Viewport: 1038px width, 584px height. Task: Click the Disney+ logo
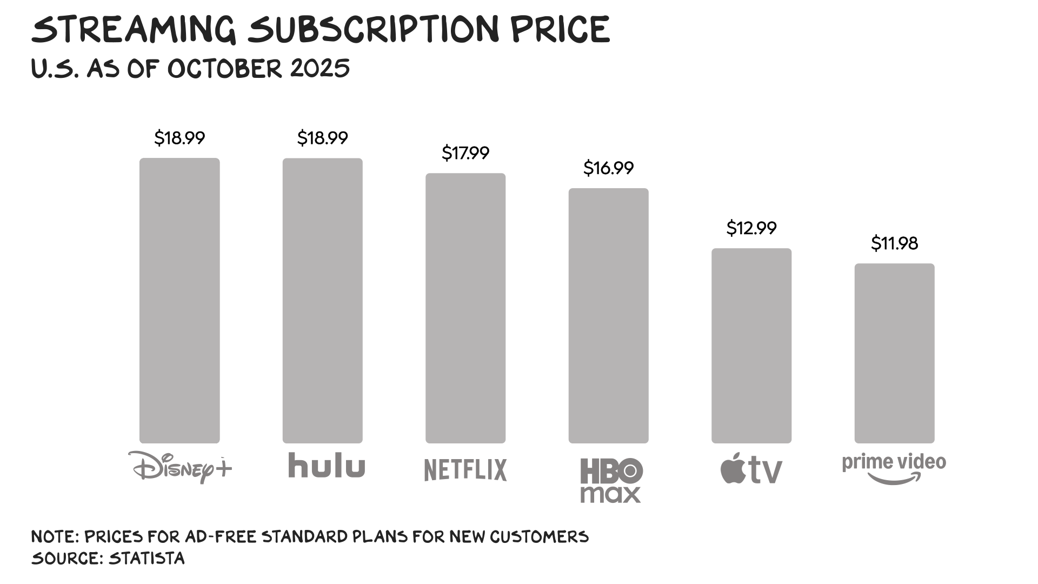point(180,467)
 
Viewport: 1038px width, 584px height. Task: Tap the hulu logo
point(327,465)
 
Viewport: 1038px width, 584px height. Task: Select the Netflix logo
point(465,469)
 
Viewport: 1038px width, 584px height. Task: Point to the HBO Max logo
point(611,480)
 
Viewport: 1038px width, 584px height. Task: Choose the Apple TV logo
point(751,469)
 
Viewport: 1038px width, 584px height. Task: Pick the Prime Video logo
point(894,468)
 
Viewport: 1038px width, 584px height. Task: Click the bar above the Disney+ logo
point(179,301)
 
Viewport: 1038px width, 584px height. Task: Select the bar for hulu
point(323,301)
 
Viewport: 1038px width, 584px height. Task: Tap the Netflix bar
point(465,308)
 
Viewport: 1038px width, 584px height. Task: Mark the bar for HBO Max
point(608,316)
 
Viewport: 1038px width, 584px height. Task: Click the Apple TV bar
point(751,346)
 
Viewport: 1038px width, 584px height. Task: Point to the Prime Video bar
point(894,354)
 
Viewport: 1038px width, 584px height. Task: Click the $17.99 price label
point(465,153)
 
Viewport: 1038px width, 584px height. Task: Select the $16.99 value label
point(608,168)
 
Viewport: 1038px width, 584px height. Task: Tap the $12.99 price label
point(751,228)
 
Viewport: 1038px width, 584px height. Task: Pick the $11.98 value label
point(894,243)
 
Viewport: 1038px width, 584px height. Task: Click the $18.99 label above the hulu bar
point(323,138)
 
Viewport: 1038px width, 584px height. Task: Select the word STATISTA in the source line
point(147,558)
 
